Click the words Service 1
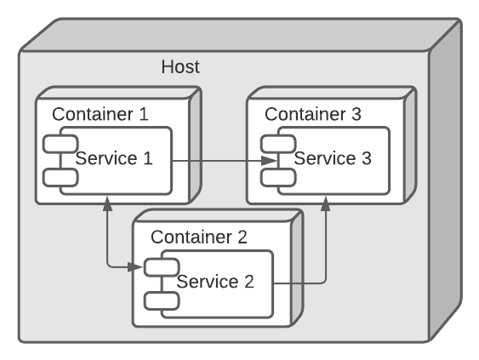pos(114,157)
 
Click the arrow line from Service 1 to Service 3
pos(217,160)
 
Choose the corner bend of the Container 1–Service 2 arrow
pos(106,267)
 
